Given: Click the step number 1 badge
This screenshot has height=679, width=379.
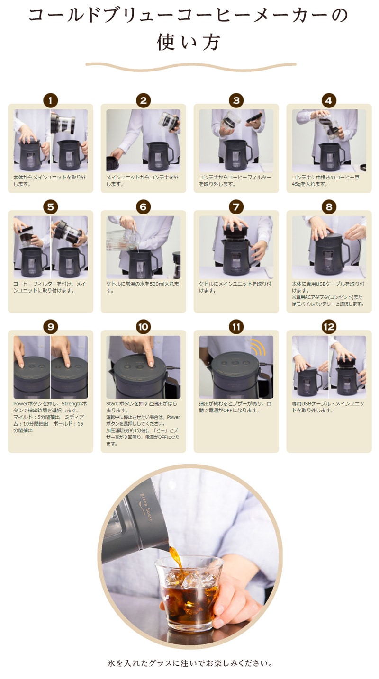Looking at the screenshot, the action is [51, 101].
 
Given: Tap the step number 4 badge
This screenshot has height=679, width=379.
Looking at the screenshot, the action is [329, 101].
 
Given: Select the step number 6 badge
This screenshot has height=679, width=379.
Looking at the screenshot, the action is [144, 207].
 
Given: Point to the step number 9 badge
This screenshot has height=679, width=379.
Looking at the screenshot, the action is [51, 327].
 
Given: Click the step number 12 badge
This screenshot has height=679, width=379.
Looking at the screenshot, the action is [329, 327].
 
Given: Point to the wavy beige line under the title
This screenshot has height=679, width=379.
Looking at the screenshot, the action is [191, 66].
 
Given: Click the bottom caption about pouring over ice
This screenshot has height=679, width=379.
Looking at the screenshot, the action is [190, 663].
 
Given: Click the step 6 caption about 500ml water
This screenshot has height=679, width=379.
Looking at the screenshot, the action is [143, 287].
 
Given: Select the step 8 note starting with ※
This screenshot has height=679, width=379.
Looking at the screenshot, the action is [327, 300].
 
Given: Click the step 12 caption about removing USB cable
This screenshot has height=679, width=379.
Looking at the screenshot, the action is [328, 407].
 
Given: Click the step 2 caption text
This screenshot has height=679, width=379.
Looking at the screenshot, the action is [142, 181].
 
